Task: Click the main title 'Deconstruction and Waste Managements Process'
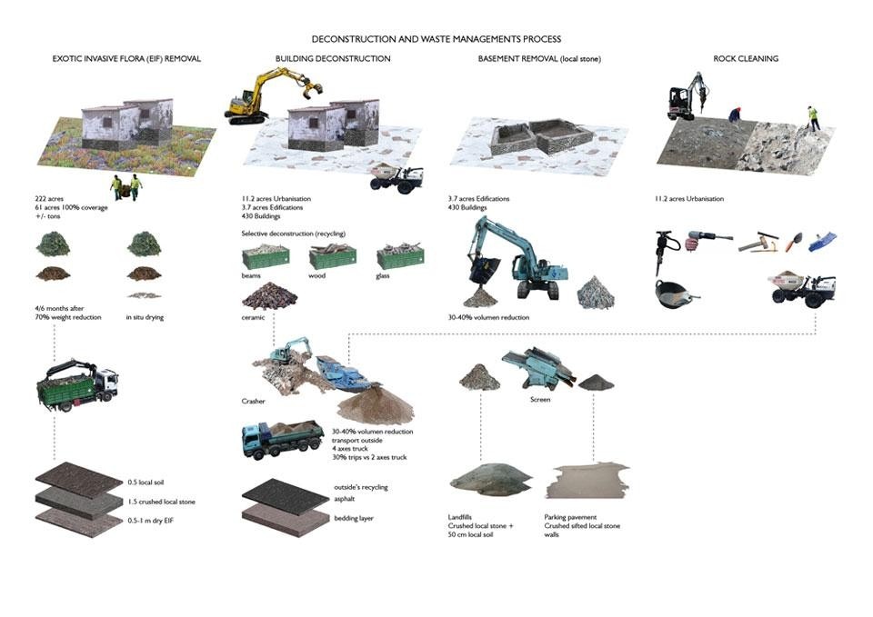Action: (436, 39)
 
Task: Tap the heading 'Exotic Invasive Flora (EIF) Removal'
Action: (127, 59)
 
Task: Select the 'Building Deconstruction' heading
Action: (333, 59)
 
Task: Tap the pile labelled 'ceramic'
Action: (273, 296)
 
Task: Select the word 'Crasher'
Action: (254, 400)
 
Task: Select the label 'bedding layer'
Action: (356, 516)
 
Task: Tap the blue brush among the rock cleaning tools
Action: (822, 241)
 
